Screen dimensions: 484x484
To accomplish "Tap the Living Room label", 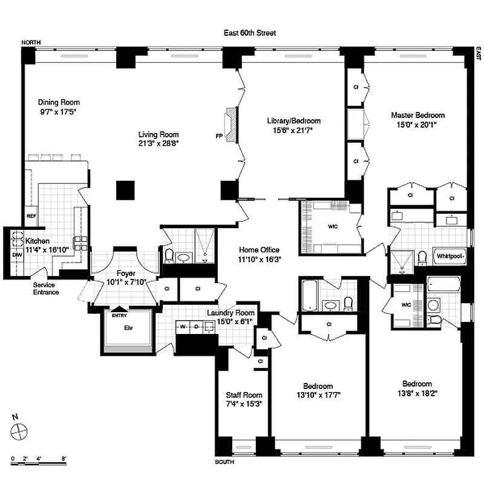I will coord(159,134).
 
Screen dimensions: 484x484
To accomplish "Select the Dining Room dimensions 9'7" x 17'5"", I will coord(59,112).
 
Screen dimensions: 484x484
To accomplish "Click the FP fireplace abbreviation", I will coord(218,136).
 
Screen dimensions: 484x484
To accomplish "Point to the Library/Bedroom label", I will coord(293,120).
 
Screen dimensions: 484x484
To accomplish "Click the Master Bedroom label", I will coord(417,115).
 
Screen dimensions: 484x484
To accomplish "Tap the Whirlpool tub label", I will coord(451,256).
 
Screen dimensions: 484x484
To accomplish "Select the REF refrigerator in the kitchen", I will coord(31,215).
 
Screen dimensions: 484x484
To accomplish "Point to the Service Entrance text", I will coord(46,289).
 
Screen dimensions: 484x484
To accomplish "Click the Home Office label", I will coord(259,249).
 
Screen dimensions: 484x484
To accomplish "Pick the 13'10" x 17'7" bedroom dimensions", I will coord(318,396).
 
